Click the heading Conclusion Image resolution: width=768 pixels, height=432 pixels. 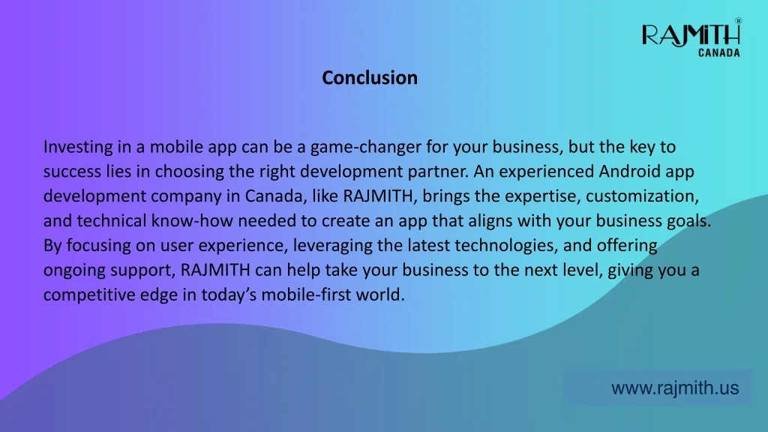[x=370, y=78]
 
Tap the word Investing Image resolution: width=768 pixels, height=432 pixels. [x=78, y=148]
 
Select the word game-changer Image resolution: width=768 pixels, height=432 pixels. [x=366, y=148]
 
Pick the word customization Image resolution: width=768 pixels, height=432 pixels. [x=642, y=196]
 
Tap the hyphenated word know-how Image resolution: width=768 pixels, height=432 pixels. [x=192, y=221]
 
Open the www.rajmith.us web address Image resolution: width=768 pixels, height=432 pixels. [x=675, y=388]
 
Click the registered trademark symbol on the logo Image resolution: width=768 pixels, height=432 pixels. [x=738, y=20]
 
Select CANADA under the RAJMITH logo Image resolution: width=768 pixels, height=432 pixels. [x=719, y=52]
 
